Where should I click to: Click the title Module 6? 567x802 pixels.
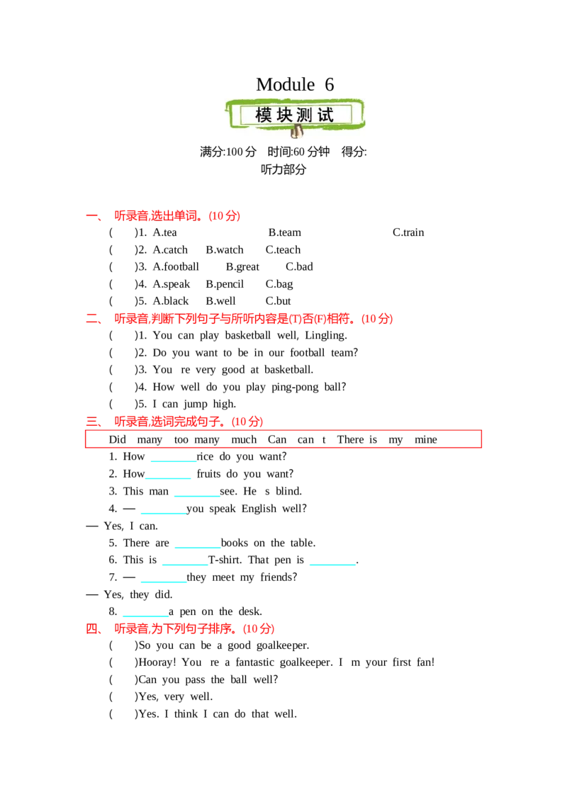point(295,84)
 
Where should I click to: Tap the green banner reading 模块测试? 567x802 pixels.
point(295,115)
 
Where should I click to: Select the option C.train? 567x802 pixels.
point(408,232)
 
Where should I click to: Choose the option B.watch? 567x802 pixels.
point(225,250)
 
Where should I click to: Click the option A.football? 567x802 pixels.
point(176,267)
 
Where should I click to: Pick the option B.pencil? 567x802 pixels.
point(225,284)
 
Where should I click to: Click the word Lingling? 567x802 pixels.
point(326,336)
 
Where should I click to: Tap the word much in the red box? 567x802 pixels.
point(244,440)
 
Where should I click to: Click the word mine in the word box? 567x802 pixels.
point(426,440)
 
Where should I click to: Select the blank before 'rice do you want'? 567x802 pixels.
point(174,461)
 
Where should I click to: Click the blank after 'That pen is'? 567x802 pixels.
point(332,564)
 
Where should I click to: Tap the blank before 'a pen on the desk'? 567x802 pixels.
point(145,616)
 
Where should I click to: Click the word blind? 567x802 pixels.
point(288,492)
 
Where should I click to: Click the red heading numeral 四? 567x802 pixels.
point(92,628)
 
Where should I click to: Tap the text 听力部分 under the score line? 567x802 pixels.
point(283,170)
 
